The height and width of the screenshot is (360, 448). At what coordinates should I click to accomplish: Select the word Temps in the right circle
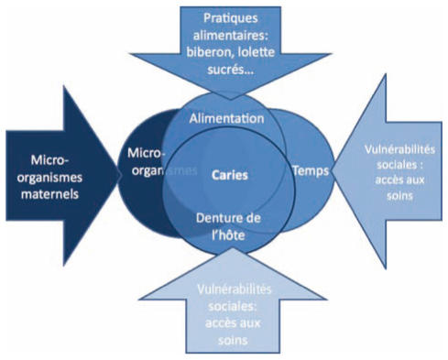(309, 170)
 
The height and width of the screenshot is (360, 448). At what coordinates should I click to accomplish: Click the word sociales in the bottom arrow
(225, 303)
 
